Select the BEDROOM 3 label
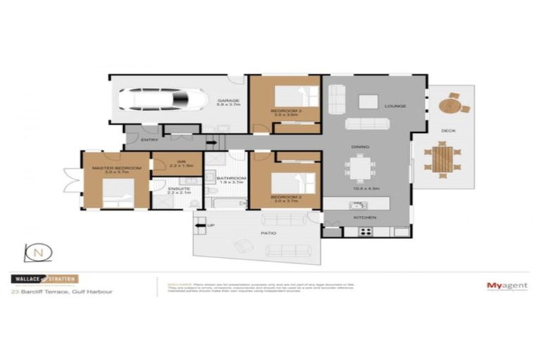285,111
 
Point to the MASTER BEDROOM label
117,168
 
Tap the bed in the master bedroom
117,194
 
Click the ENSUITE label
177,188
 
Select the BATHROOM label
231,179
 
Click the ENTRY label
149,140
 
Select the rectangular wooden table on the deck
441,160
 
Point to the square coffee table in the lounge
368,102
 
